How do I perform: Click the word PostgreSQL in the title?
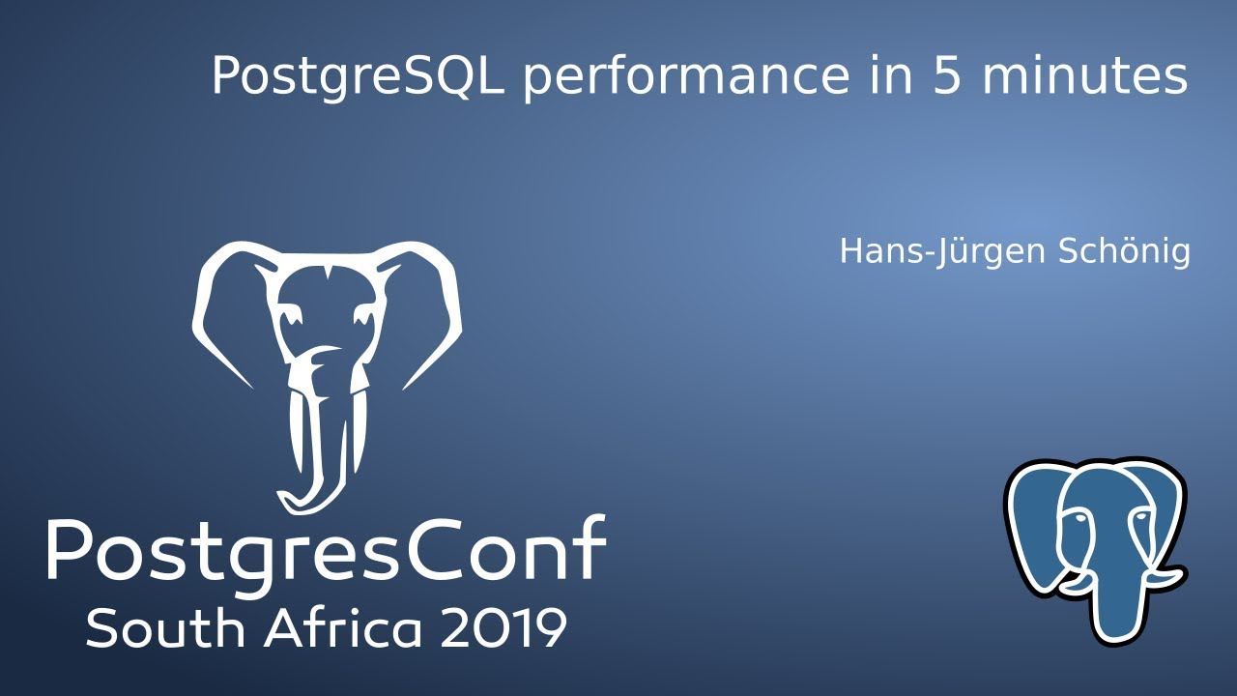pyautogui.click(x=358, y=77)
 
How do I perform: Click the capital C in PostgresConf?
pyautogui.click(x=449, y=548)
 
